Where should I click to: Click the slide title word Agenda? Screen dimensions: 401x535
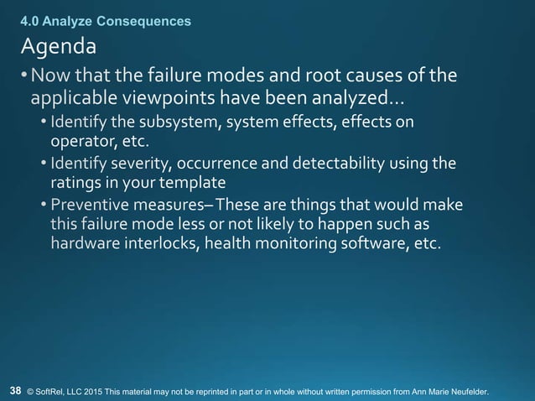coord(59,43)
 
